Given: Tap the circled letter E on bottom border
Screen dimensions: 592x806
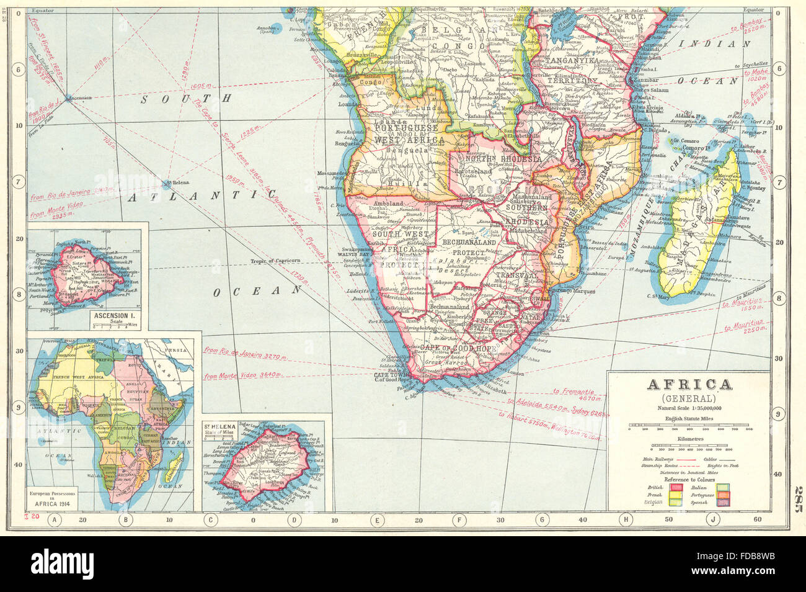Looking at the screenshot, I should pyautogui.click(x=376, y=521).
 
